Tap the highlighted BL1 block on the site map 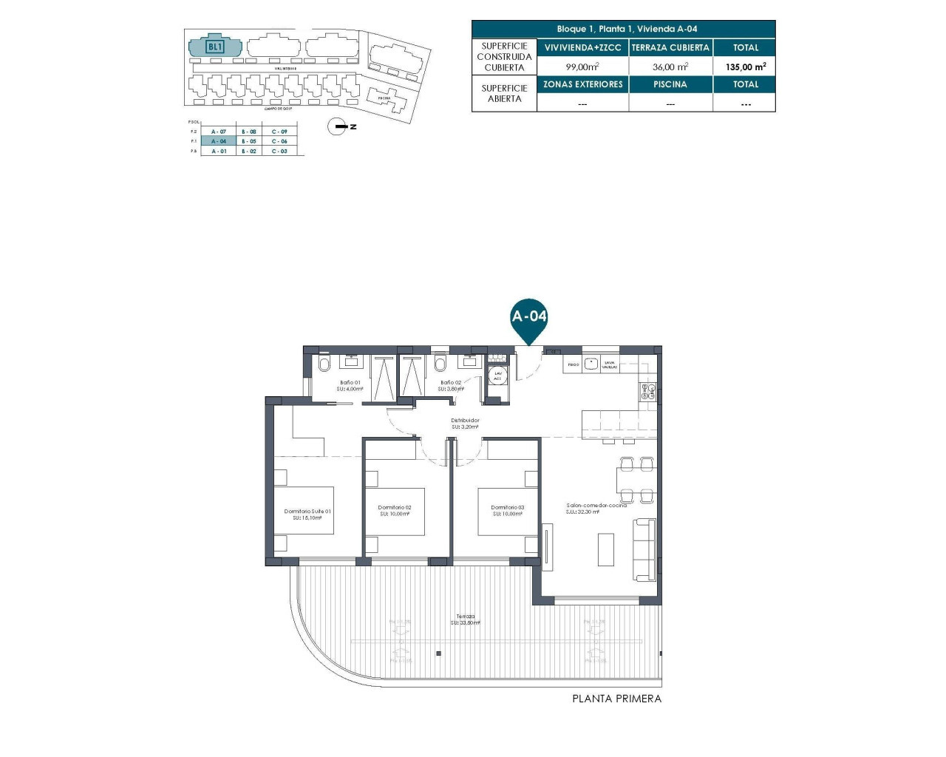(215, 47)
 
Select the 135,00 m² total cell (745, 67)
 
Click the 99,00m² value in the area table (582, 67)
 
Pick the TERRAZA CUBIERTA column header (670, 47)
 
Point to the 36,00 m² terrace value (670, 67)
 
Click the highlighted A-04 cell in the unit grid (219, 141)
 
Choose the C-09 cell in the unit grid (279, 132)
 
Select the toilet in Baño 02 (441, 364)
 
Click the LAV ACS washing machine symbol (498, 376)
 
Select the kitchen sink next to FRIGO (591, 364)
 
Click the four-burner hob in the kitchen (647, 392)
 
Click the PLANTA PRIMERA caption (616, 699)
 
